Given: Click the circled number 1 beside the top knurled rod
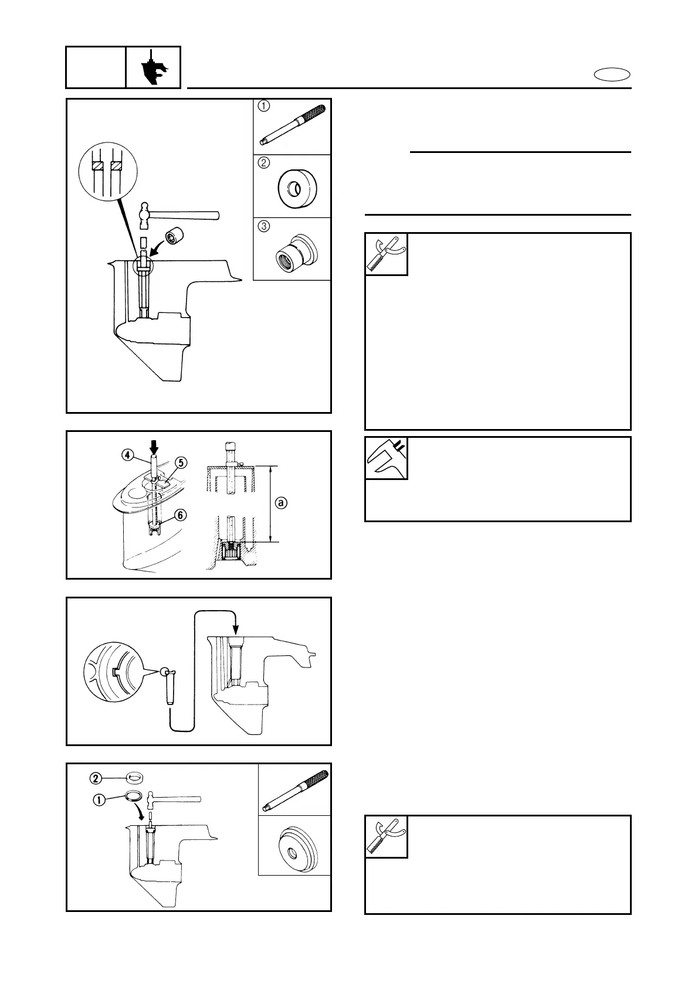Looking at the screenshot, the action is (265, 107).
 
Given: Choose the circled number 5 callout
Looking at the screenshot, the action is (181, 463).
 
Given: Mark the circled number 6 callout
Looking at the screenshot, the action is (181, 514).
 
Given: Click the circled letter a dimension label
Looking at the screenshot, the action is (282, 503).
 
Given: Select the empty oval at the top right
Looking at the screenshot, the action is (612, 74).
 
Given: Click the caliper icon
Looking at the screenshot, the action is (387, 458).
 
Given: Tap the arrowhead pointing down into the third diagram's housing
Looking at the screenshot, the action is (235, 631).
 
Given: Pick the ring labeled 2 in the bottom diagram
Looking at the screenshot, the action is (135, 778).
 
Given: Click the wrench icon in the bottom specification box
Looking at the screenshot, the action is (386, 836).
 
